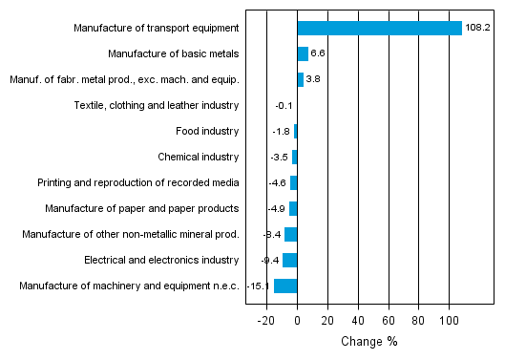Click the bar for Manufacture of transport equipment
pyautogui.click(x=379, y=28)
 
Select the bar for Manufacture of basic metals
pyautogui.click(x=303, y=53)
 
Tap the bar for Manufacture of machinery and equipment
pyautogui.click(x=285, y=286)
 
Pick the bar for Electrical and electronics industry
pyautogui.click(x=289, y=260)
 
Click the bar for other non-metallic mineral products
pyautogui.click(x=290, y=234)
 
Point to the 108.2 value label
pyautogui.click(x=477, y=28)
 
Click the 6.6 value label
pyautogui.click(x=319, y=53)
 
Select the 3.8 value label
pyautogui.click(x=313, y=79)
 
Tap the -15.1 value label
pyautogui.click(x=259, y=286)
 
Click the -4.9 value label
pyautogui.click(x=277, y=208)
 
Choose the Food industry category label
pyautogui.click(x=207, y=131)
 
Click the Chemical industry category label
pyautogui.click(x=198, y=157)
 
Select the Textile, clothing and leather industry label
pyautogui.click(x=157, y=105)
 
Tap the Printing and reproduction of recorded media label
pyautogui.click(x=138, y=182)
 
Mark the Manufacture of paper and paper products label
pyautogui.click(x=142, y=208)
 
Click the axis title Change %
pyautogui.click(x=368, y=342)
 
